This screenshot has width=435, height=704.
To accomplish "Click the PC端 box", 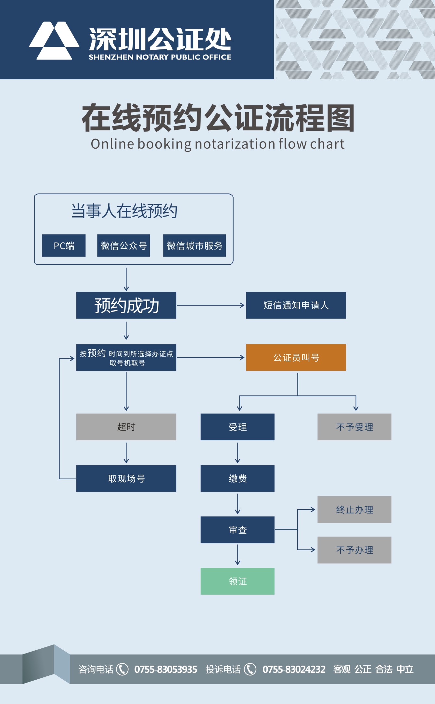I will pos(64,246).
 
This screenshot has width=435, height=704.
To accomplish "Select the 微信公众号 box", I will pos(123,246).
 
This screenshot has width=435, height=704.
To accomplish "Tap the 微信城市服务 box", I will pos(194,246).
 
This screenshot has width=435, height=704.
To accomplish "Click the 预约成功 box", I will pos(126,305).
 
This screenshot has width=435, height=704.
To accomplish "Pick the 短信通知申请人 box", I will pos(296,305).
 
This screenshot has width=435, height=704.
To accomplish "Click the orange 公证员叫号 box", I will pos(296,357).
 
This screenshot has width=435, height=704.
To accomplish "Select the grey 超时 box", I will pos(126,427).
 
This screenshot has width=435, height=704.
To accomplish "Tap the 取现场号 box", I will pos(126,478).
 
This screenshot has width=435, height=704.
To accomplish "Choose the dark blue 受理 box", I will pos(237,427).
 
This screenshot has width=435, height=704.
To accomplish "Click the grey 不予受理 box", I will pos(354,427).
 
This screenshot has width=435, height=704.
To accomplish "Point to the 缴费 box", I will pos(237,478).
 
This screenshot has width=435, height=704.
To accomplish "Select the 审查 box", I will pos(237,530).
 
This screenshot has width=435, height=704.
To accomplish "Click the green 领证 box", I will pos(237,581).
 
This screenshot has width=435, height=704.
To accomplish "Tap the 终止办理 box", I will pos(354,510).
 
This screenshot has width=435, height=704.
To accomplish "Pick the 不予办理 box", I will pos(354,550).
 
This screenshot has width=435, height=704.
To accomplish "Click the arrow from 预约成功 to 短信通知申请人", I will pos(211,305).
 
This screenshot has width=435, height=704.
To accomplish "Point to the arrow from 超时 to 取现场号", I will pos(126,453).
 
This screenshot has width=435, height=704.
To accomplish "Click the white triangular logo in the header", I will pos(54,41).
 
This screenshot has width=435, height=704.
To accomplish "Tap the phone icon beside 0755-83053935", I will pos(122,669).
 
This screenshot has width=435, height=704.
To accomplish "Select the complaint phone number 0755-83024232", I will pos(294,669).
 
